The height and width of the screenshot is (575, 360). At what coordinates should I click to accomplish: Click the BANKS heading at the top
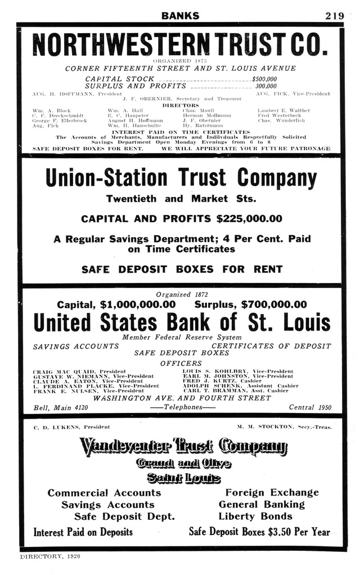[x=180, y=16]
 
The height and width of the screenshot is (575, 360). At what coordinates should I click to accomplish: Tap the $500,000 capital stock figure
[x=264, y=79]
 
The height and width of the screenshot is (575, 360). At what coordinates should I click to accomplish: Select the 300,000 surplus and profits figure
[x=266, y=87]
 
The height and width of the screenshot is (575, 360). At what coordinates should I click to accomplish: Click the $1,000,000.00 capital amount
[x=137, y=305]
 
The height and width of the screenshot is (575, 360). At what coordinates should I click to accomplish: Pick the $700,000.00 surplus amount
[x=274, y=305]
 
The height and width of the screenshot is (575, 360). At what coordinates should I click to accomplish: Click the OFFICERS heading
[x=181, y=363]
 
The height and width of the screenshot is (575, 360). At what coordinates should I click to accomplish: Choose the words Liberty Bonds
[x=255, y=516]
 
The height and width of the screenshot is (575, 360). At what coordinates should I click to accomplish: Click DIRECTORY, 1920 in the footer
[x=50, y=556]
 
